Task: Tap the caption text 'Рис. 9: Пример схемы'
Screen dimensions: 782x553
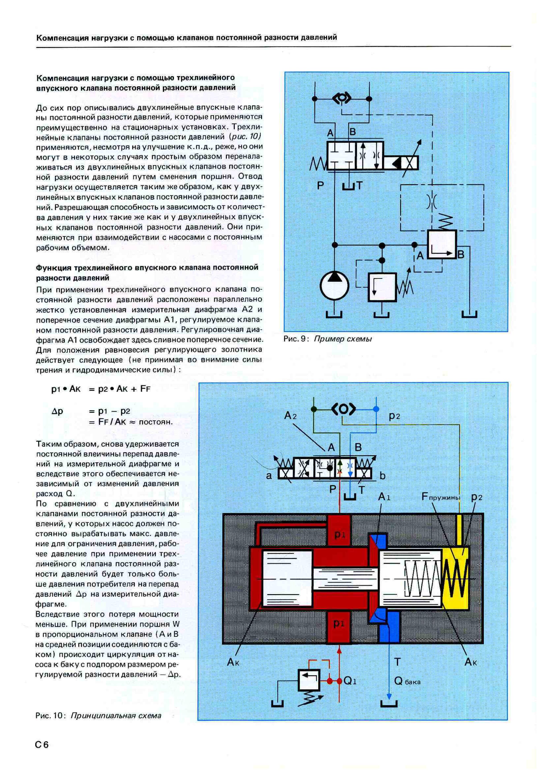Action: [327, 339]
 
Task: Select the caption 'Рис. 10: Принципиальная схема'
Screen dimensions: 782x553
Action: [98, 715]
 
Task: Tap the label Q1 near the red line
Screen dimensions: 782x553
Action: [350, 681]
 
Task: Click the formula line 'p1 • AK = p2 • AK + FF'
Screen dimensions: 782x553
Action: [101, 389]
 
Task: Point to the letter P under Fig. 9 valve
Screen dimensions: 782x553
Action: [321, 186]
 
